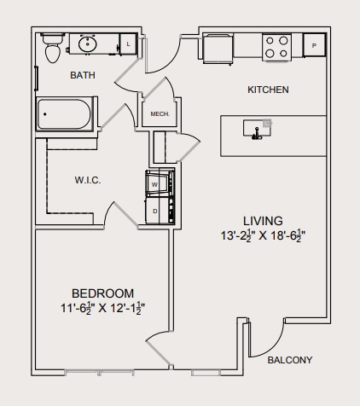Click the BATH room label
(83, 76)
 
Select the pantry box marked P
(314, 45)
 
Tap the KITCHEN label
(268, 90)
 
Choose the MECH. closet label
(160, 114)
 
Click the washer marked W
(155, 183)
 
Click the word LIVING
(262, 220)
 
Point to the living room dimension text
(262, 235)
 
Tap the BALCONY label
(290, 359)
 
